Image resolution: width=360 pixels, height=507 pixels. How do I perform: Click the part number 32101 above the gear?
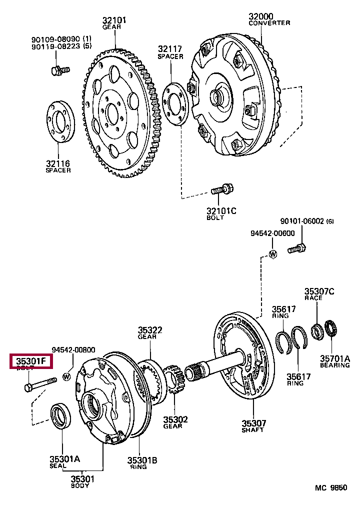[114, 20]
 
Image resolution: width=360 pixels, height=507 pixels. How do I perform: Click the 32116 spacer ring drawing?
[61, 122]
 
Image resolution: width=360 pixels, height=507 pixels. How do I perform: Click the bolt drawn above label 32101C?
[220, 190]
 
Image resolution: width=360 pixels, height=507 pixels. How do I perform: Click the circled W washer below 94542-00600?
[272, 254]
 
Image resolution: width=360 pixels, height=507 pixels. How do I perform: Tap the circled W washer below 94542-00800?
[66, 375]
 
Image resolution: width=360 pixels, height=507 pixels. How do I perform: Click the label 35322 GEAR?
[150, 333]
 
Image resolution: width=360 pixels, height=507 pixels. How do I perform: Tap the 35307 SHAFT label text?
[252, 425]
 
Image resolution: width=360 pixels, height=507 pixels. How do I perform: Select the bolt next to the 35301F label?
[39, 384]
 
